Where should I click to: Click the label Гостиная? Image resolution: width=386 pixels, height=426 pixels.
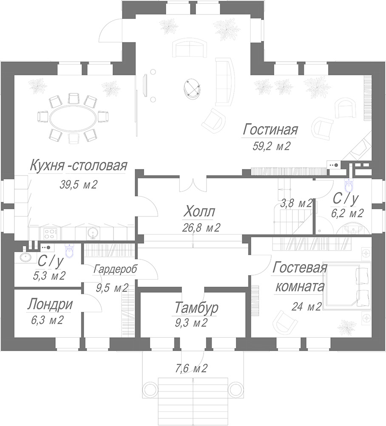[270, 130]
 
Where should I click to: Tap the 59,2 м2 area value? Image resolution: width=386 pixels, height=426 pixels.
[272, 147]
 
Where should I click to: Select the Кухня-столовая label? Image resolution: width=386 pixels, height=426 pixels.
[78, 165]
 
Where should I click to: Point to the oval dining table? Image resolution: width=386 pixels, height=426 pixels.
[73, 118]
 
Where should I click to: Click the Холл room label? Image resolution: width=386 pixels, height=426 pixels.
[199, 212]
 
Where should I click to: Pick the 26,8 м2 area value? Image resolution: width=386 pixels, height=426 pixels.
[201, 227]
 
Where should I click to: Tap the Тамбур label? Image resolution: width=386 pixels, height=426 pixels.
[196, 308]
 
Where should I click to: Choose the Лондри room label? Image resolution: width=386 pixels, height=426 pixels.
[50, 304]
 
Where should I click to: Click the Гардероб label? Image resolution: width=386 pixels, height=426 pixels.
[115, 269]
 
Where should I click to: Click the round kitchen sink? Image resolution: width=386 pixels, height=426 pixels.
[93, 233]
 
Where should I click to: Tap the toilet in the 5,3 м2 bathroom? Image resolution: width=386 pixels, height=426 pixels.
[69, 251]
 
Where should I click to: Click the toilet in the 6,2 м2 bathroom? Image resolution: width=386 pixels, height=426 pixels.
[349, 186]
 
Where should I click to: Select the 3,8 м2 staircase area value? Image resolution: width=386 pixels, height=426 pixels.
[296, 204]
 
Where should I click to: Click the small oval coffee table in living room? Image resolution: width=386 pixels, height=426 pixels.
[192, 88]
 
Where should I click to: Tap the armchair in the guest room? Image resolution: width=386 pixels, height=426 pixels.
[285, 321]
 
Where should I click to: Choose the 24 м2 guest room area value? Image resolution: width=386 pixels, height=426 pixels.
[307, 307]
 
